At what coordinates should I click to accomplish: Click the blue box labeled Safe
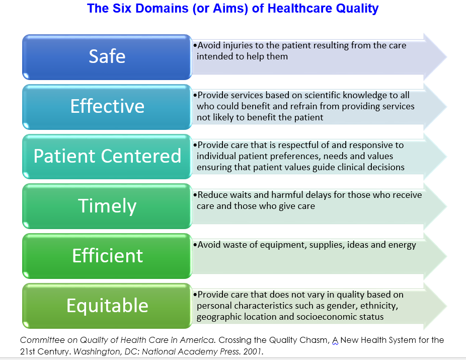pos(107,57)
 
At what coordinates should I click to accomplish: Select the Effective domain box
pos(107,107)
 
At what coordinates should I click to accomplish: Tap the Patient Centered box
pos(107,157)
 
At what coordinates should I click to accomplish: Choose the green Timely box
pos(107,206)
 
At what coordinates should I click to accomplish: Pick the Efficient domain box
pos(107,256)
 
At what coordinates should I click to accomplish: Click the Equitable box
pos(107,306)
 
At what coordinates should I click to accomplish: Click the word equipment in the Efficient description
pos(283,245)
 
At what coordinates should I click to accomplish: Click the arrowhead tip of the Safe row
pos(446,57)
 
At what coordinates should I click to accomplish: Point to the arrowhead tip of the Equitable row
pos(446,306)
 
